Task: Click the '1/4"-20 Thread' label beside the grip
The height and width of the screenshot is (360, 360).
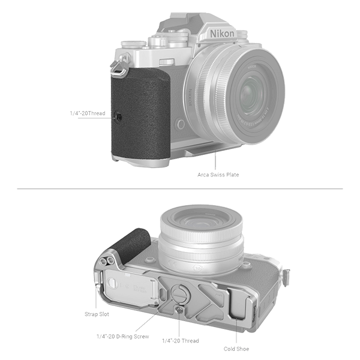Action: point(88,113)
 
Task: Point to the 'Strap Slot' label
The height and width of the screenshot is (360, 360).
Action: point(96,313)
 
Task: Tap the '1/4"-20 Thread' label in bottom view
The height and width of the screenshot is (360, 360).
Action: point(181,340)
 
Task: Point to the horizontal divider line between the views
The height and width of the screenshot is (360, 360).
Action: point(180,189)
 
